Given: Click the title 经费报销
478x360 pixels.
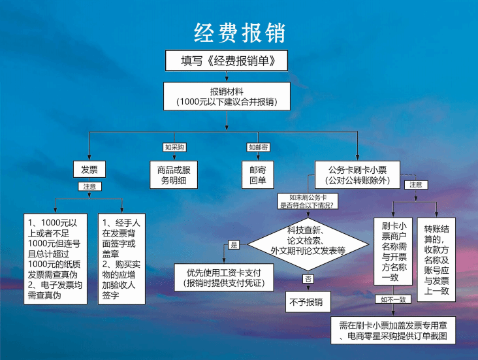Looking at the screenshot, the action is pyautogui.click(x=240, y=33).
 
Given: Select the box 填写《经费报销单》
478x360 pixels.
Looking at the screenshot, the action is pyautogui.click(x=227, y=60).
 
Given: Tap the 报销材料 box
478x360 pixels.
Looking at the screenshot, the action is pyautogui.click(x=227, y=97).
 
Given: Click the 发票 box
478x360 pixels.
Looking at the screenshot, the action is pyautogui.click(x=89, y=169).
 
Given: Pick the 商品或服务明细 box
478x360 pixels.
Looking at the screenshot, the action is pyautogui.click(x=174, y=175).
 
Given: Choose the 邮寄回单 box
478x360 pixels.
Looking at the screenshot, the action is pyautogui.click(x=258, y=175).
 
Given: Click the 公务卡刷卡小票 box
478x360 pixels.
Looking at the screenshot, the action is pyautogui.click(x=357, y=175).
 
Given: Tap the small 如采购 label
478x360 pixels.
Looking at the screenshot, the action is pyautogui.click(x=174, y=148).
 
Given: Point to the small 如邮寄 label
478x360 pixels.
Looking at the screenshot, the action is pyautogui.click(x=258, y=148).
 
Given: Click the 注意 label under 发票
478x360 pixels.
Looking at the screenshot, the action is pyautogui.click(x=89, y=187).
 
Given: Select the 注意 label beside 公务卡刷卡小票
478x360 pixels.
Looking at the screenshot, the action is pyautogui.click(x=416, y=185).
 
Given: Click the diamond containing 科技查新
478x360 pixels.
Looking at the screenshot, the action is pyautogui.click(x=308, y=244).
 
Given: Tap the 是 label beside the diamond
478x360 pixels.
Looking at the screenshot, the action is pyautogui.click(x=234, y=244).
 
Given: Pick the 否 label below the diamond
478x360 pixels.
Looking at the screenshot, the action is pyautogui.click(x=308, y=279).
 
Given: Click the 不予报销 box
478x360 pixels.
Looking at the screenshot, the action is pyautogui.click(x=308, y=302).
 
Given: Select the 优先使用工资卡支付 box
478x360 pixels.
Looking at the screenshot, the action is pyautogui.click(x=224, y=278).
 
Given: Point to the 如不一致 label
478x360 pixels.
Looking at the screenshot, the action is pyautogui.click(x=393, y=300).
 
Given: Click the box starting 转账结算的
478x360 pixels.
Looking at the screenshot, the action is pyautogui.click(x=436, y=260).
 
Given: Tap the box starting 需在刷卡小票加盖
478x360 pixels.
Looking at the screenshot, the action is pyautogui.click(x=393, y=331).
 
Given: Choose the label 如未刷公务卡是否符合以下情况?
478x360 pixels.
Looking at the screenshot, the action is pyautogui.click(x=308, y=201).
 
